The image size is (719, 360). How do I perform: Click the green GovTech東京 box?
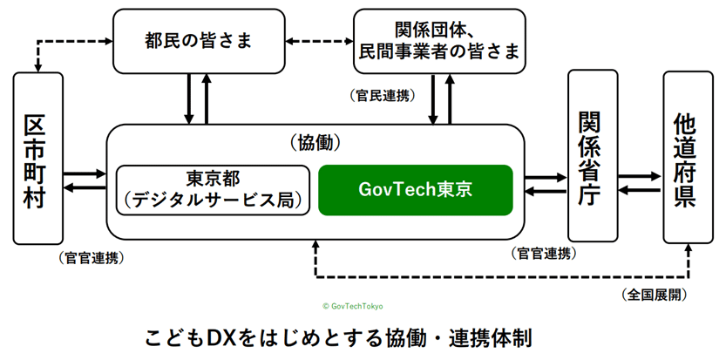click(415, 189)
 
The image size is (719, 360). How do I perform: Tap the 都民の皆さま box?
click(200, 40)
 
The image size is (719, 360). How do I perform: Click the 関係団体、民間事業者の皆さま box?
click(438, 40)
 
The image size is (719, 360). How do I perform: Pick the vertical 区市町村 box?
click(38, 158)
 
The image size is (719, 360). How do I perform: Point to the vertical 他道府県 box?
click(687, 158)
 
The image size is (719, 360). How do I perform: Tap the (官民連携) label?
click(381, 93)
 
